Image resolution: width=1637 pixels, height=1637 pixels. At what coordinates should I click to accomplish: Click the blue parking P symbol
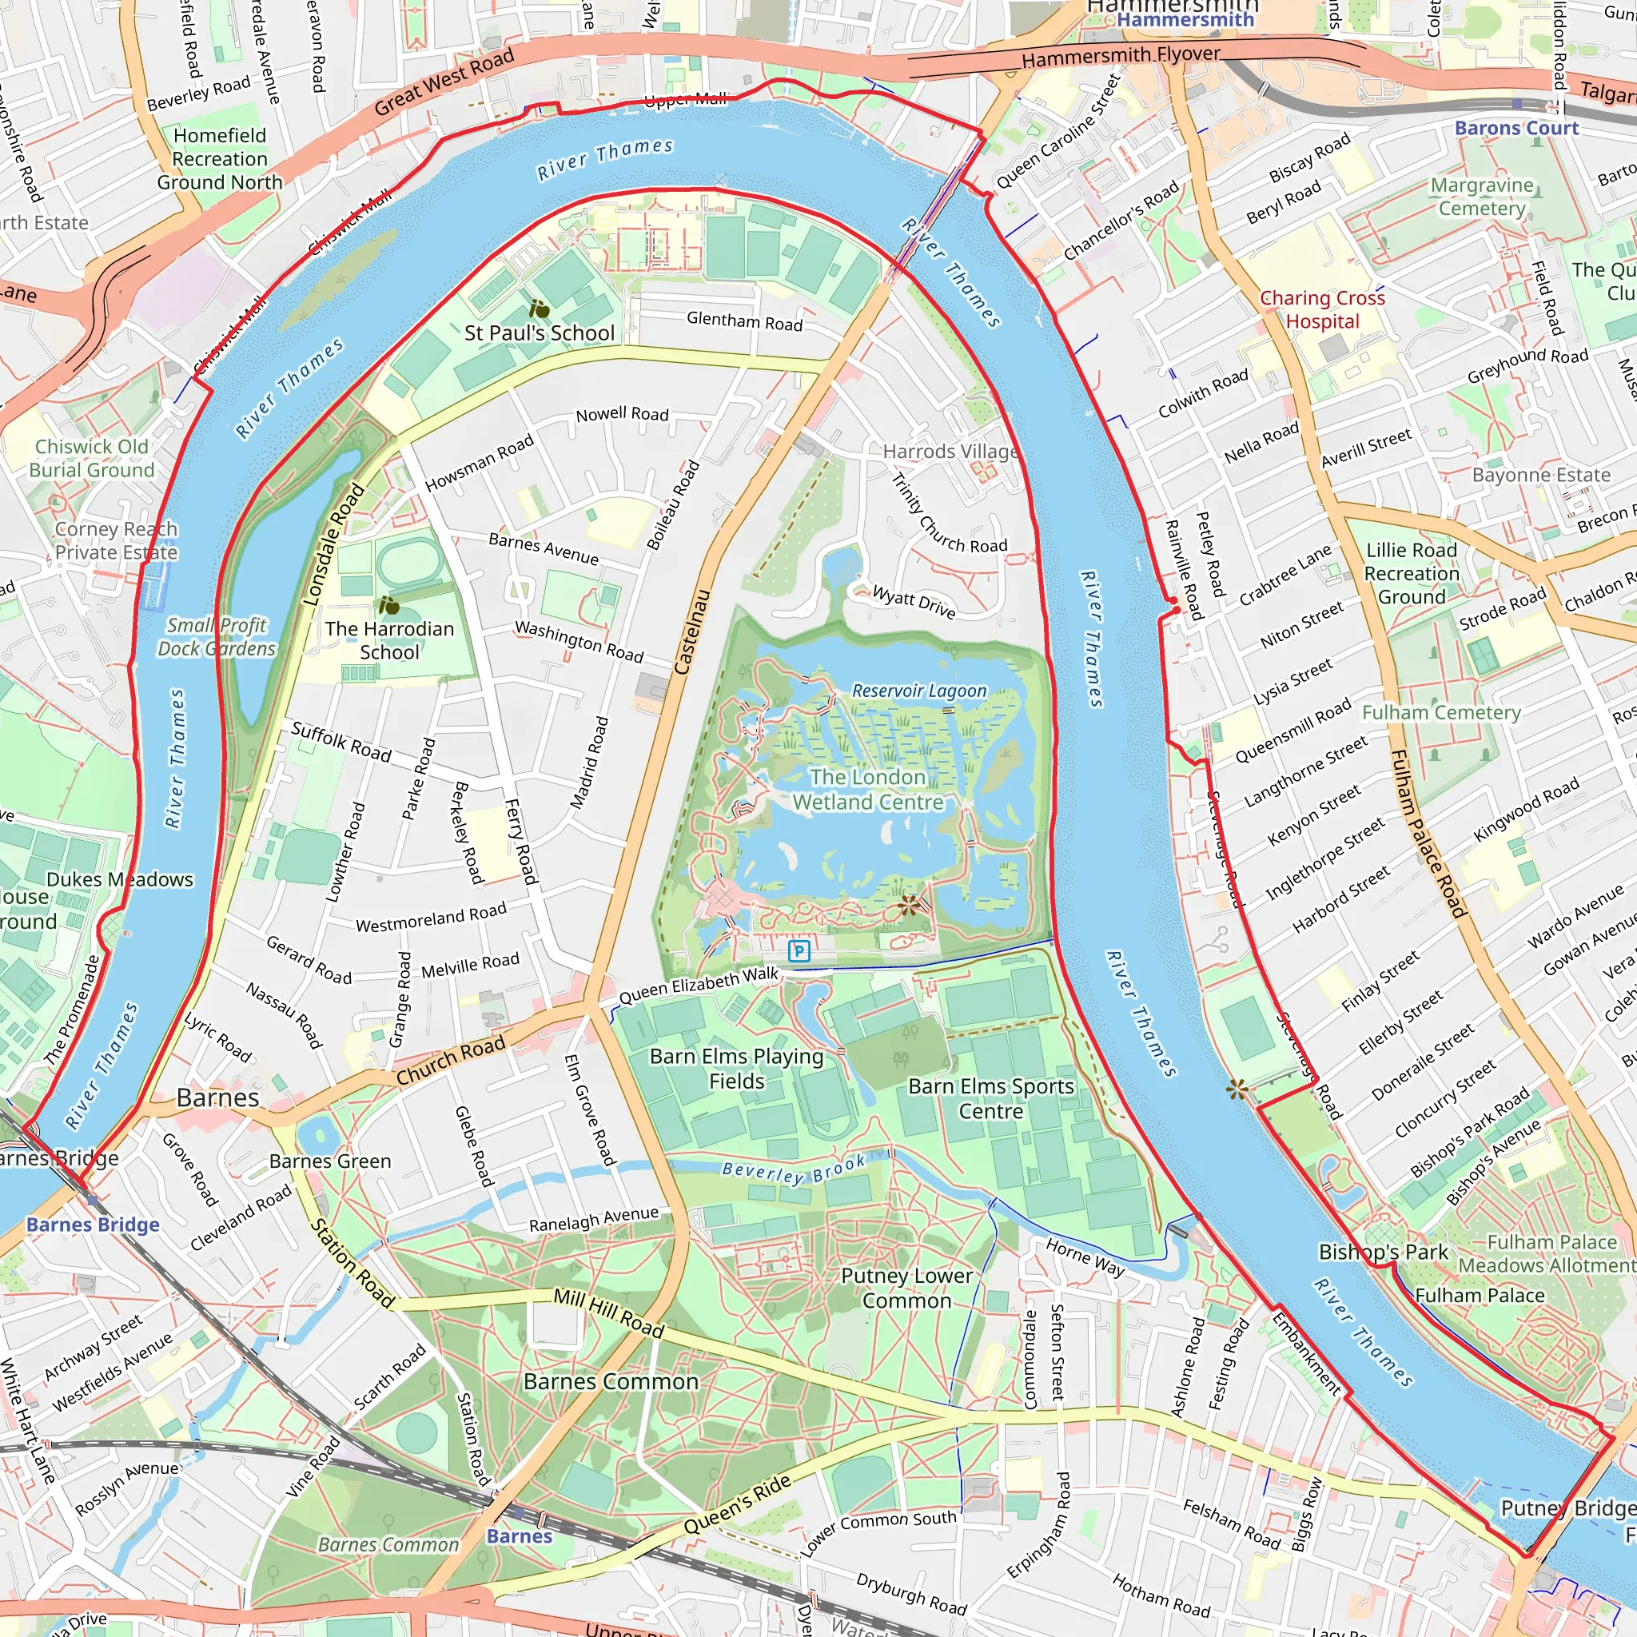click(x=799, y=950)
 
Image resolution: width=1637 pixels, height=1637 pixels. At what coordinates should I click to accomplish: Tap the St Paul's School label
click(x=539, y=333)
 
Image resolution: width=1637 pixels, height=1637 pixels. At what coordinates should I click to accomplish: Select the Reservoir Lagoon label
click(x=918, y=691)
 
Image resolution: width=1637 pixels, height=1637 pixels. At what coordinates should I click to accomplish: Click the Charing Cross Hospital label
click(x=1322, y=309)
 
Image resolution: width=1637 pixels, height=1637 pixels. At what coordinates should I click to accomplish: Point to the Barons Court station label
click(x=1516, y=128)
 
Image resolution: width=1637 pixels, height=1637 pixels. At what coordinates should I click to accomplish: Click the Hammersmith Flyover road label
click(x=1120, y=57)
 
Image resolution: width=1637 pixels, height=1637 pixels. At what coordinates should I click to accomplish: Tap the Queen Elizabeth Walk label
click(x=698, y=986)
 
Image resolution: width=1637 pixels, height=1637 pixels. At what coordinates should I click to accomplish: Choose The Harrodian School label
click(x=389, y=639)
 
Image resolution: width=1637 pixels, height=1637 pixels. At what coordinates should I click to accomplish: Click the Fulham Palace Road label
click(x=1428, y=834)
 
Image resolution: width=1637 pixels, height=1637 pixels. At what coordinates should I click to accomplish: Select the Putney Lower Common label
click(x=906, y=1288)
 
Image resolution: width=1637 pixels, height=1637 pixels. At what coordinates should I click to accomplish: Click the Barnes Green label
click(x=329, y=1161)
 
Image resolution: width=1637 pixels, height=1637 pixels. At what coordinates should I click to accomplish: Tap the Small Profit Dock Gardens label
click(x=216, y=636)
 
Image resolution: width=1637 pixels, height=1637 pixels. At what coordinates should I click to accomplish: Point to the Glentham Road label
click(x=744, y=321)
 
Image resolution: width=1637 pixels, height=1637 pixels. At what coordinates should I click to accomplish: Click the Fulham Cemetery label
click(x=1440, y=712)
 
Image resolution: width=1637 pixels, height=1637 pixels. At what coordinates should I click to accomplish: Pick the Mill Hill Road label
click(x=607, y=1312)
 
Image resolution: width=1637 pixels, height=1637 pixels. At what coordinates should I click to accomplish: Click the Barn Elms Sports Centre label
click(x=990, y=1098)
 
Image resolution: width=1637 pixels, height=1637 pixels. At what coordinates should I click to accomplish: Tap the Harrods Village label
click(x=950, y=452)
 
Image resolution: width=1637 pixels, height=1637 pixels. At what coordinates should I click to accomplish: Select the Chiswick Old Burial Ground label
click(x=91, y=457)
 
